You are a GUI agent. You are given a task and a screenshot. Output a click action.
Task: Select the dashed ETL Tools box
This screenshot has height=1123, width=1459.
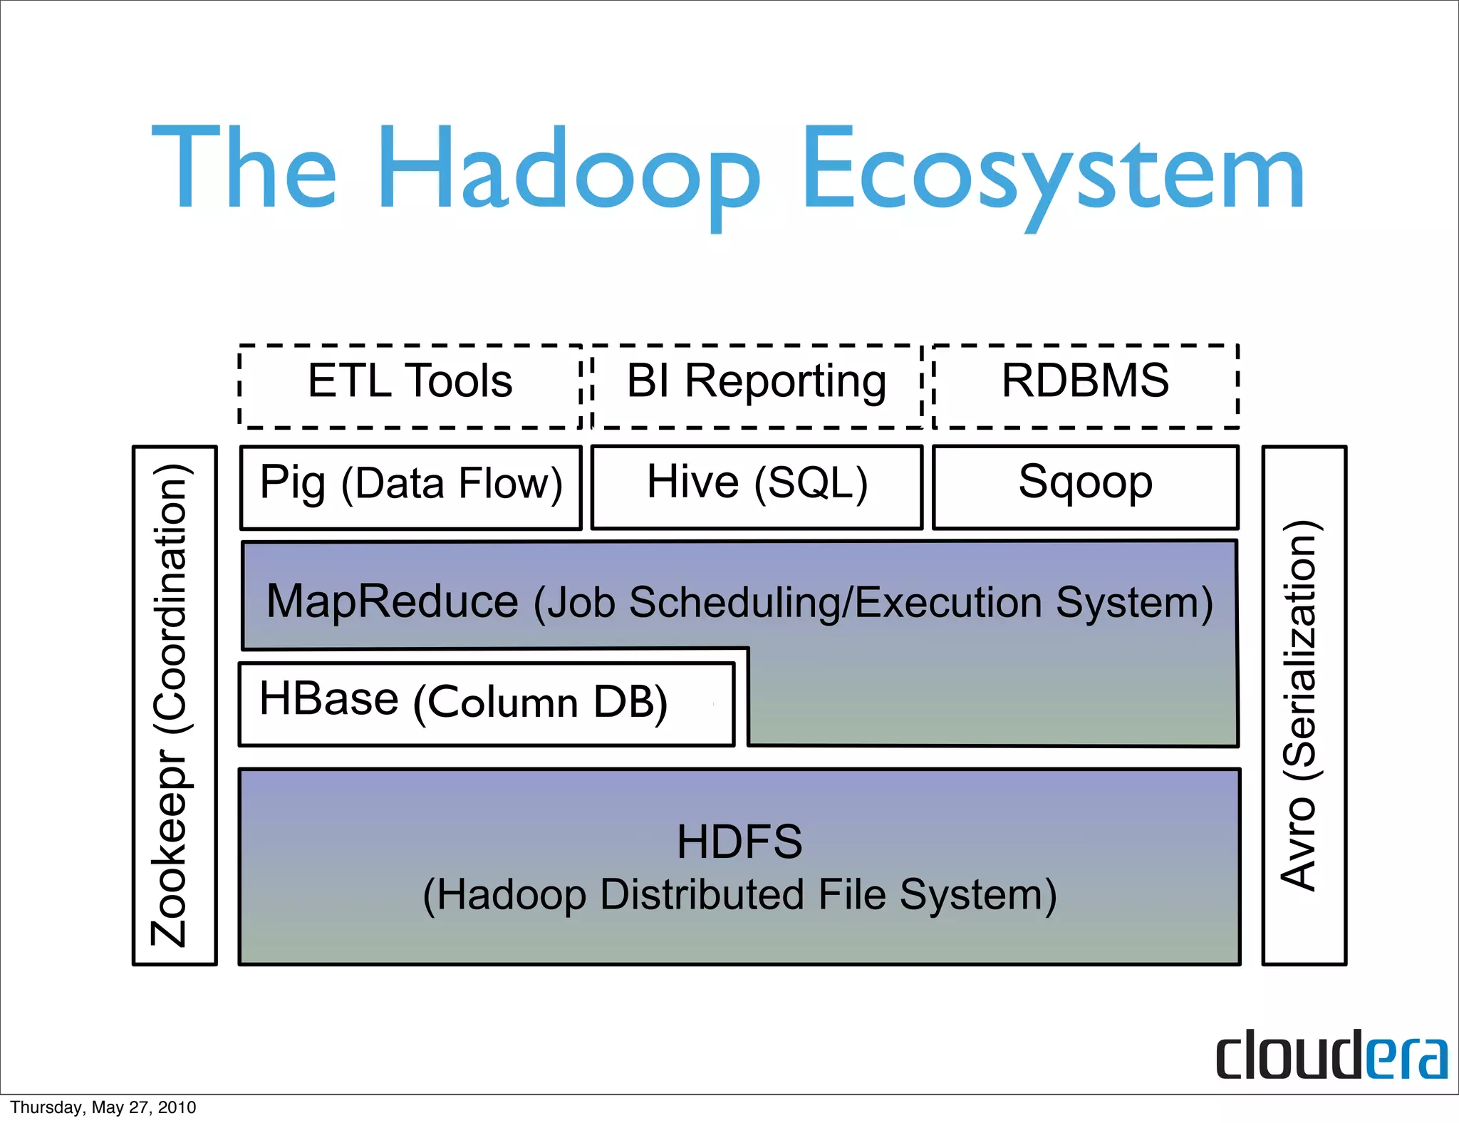[410, 385]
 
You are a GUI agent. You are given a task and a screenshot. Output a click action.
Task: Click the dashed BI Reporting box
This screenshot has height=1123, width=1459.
[757, 385]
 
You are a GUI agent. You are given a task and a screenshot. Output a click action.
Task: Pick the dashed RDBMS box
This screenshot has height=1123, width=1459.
[1085, 385]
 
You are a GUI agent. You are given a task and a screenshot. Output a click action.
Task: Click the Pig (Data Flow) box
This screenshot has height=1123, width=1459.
[411, 487]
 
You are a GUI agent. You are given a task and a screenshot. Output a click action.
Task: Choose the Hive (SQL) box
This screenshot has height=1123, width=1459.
[757, 487]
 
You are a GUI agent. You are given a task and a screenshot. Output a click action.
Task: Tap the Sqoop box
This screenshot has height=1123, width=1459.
[1085, 487]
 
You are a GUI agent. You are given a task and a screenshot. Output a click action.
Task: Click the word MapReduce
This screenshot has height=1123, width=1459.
[392, 601]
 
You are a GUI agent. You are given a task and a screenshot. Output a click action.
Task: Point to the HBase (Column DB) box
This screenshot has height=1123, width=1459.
[486, 704]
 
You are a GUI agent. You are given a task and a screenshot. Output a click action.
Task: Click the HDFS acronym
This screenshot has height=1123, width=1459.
[739, 842]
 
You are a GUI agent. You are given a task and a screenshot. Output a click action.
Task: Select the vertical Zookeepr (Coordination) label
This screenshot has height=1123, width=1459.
[172, 705]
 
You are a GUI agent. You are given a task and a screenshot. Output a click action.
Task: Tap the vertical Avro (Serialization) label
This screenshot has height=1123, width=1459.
[1301, 705]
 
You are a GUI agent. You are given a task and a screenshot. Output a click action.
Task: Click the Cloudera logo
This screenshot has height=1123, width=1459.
[1331, 1055]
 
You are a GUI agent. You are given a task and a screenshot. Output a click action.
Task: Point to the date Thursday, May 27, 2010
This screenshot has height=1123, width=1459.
[103, 1107]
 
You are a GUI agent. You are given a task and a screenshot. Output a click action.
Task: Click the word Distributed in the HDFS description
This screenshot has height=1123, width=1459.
[701, 895]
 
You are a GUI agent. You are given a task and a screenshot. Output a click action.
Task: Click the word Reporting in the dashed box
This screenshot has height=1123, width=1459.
[785, 382]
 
